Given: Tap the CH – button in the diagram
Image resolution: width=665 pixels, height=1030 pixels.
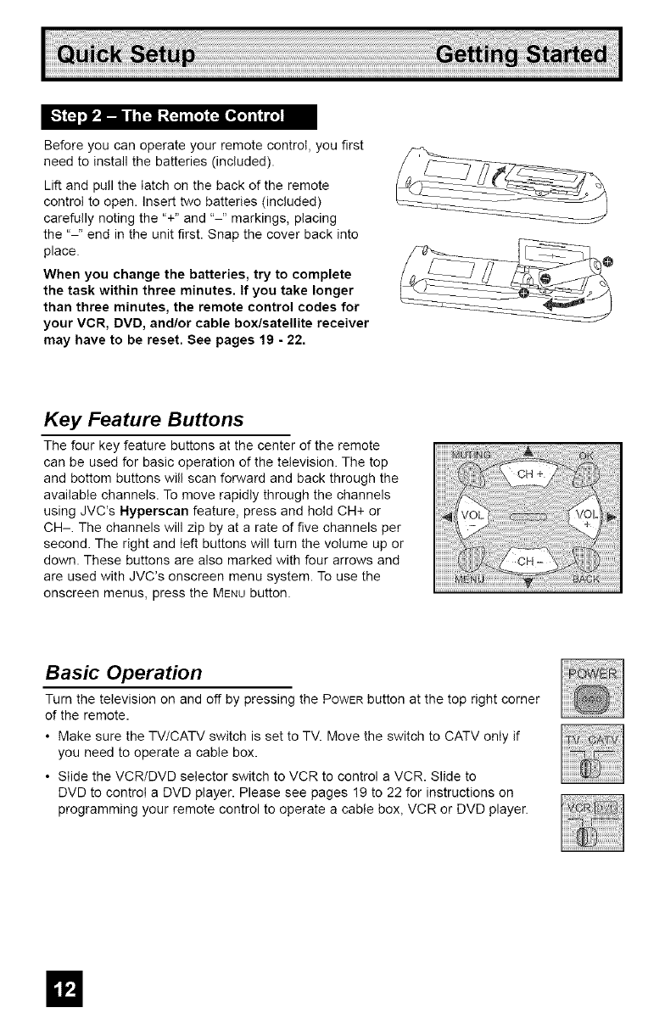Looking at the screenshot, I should (x=528, y=560).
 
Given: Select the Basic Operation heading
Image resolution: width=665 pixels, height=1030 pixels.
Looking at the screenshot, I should (x=123, y=673).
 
